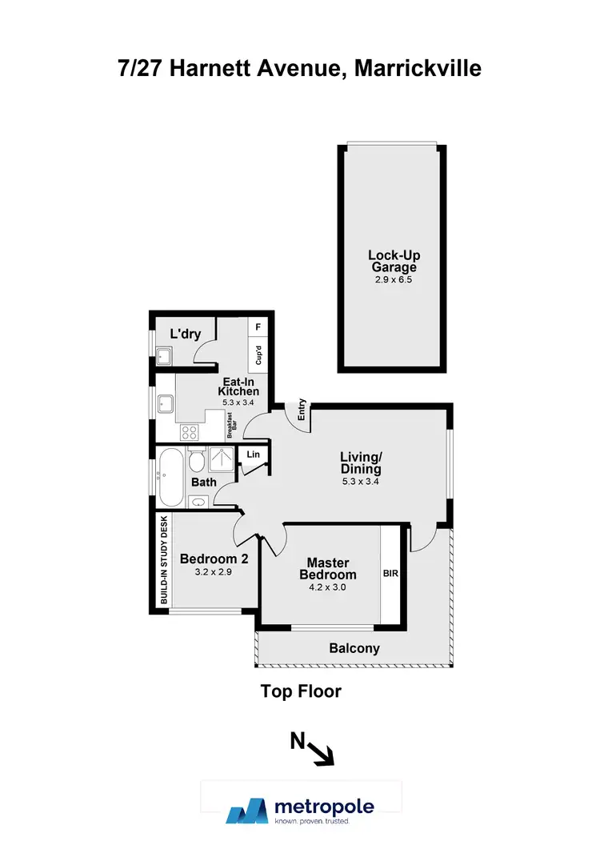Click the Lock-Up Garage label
(x=394, y=261)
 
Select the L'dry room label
(x=185, y=334)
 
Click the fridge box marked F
(x=258, y=327)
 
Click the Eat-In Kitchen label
(x=239, y=386)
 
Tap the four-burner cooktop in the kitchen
(x=190, y=432)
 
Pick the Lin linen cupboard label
(x=254, y=455)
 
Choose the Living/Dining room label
(x=360, y=463)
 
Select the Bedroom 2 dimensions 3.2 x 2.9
(x=214, y=573)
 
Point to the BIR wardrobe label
(x=391, y=574)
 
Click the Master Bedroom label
(x=328, y=569)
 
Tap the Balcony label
(x=354, y=649)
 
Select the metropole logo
(x=301, y=809)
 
